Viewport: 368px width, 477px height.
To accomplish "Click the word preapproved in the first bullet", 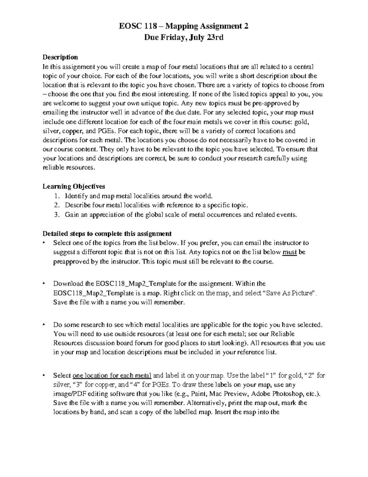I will (x=71, y=262).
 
